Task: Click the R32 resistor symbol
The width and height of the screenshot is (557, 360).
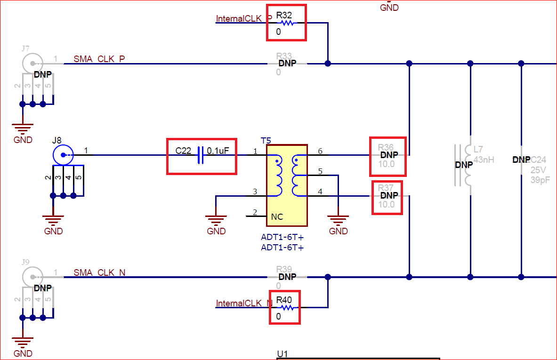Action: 286,23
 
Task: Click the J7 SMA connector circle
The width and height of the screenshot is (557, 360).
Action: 32,63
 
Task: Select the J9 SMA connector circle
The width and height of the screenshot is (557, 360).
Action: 32,277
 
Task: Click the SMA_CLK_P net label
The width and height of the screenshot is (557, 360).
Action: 99,59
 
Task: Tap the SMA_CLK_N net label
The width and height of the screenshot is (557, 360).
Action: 99,273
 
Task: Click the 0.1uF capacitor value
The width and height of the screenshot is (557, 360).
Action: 218,151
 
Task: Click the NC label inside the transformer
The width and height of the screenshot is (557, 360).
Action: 277,217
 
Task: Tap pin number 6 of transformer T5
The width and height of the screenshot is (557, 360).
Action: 320,151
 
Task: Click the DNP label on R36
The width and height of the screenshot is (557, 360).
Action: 389,155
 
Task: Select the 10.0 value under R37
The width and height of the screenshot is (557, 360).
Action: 387,204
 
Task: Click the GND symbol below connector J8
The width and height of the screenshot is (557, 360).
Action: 53,220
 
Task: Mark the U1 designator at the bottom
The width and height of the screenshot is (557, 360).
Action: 283,354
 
